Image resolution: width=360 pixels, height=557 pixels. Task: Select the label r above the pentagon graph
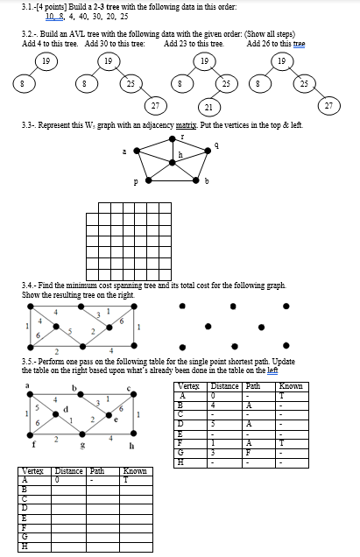click(x=182, y=138)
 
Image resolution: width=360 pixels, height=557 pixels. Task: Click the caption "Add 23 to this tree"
click(x=194, y=43)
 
